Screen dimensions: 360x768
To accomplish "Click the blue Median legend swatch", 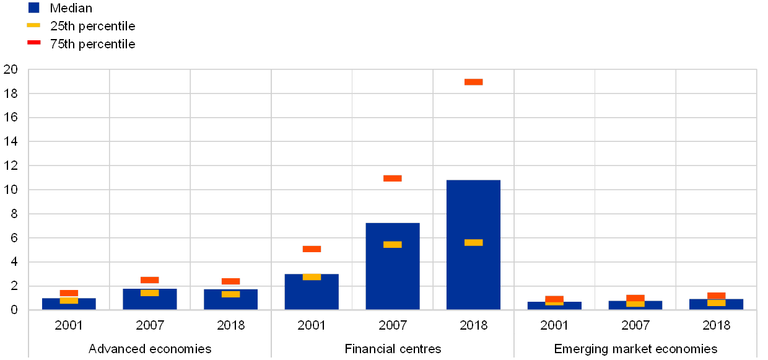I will click(34, 7).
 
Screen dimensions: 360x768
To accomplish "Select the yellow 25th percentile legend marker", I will click(34, 25).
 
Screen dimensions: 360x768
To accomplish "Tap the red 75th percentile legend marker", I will click(34, 43).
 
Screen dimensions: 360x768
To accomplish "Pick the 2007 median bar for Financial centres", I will click(393, 279).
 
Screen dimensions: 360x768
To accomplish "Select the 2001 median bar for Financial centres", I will click(312, 294).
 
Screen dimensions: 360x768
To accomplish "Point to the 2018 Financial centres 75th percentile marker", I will click(474, 82).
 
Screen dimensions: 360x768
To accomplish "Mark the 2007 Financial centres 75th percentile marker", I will click(393, 178).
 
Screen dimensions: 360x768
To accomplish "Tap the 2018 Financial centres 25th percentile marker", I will click(474, 243).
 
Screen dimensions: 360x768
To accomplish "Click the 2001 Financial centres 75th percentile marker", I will click(312, 249).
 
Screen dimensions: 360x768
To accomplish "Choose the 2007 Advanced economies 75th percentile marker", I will click(150, 280).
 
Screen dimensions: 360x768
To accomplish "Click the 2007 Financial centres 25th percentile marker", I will click(393, 245).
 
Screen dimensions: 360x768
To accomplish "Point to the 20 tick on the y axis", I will click(11, 69).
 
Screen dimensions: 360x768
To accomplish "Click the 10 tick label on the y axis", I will click(11, 190).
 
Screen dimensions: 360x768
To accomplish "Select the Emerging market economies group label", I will click(640, 349).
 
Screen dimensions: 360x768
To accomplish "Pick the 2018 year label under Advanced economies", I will click(230, 325).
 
